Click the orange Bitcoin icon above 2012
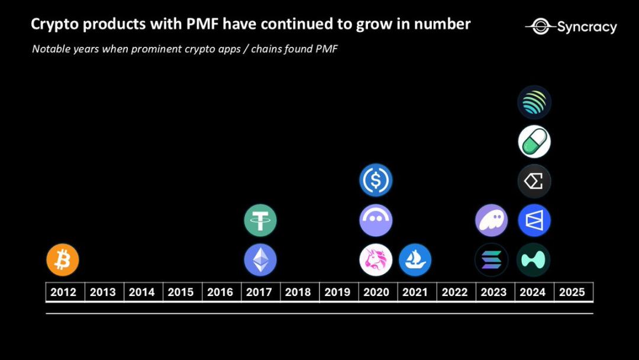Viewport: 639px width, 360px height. [63, 260]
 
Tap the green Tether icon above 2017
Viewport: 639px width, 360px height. [260, 220]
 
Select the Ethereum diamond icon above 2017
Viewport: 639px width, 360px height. [260, 260]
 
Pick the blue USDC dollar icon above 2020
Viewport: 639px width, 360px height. [376, 181]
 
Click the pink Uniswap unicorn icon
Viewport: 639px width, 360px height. [376, 260]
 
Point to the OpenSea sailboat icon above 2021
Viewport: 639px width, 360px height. [415, 260]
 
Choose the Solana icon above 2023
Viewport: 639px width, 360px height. [492, 260]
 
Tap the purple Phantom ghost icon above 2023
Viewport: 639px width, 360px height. [492, 220]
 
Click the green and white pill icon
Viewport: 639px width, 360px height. [534, 142]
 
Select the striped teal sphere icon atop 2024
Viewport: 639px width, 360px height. [534, 102]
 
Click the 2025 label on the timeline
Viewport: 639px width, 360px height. [572, 292]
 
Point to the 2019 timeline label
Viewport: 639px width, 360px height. [337, 292]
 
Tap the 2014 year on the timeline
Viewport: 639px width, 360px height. [142, 292]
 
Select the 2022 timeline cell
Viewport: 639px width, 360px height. [454, 292]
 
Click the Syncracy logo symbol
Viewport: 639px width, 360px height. [539, 26]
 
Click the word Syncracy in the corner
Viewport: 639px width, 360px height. [586, 27]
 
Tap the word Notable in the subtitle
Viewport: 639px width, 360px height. [51, 49]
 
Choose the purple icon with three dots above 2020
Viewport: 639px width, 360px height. [376, 220]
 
